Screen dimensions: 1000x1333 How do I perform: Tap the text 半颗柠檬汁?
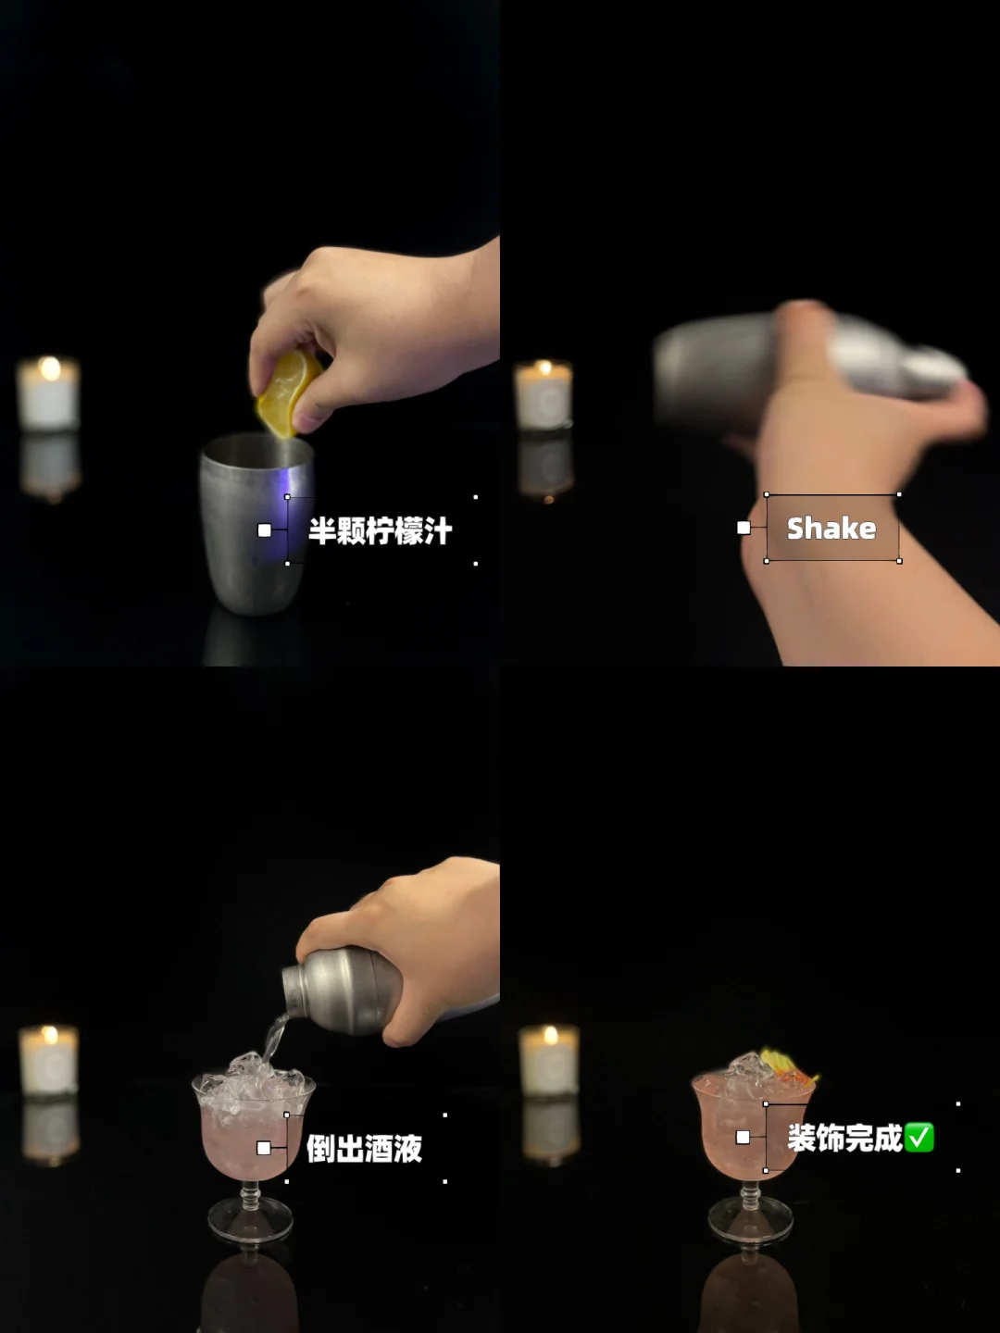click(380, 530)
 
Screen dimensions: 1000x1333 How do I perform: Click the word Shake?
click(831, 528)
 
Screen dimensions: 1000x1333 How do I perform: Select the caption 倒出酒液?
click(364, 1149)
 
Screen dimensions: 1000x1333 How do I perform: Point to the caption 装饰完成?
click(844, 1138)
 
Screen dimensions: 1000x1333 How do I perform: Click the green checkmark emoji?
click(919, 1138)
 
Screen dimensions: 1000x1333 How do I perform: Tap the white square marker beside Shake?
click(744, 528)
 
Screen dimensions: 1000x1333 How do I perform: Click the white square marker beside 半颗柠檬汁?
click(264, 530)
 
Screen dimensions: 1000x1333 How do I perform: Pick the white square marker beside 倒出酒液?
click(264, 1148)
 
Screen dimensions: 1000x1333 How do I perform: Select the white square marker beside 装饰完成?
click(743, 1138)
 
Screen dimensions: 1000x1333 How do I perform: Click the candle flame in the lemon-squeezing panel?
click(50, 367)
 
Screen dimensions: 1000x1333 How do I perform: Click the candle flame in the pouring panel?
click(50, 1034)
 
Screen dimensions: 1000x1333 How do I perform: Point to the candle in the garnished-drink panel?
click(549, 1059)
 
